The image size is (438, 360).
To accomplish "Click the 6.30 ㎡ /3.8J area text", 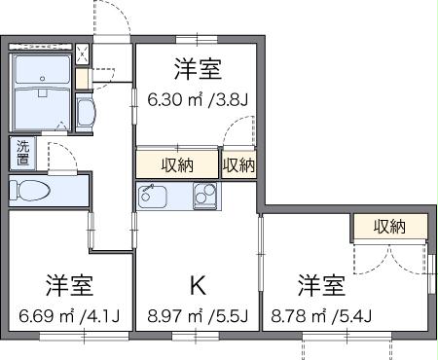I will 197,98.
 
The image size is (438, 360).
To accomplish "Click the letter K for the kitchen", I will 198,285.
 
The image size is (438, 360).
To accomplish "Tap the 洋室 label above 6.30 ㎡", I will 198,69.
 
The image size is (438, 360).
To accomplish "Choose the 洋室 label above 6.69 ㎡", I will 69,286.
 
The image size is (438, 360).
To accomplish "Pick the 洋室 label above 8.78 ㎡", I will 322,286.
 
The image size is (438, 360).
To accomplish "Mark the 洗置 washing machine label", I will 21,152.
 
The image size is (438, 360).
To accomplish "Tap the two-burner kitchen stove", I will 205,196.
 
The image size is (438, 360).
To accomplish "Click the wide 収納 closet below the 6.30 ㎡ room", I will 177,164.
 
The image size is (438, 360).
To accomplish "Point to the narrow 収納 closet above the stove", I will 238,164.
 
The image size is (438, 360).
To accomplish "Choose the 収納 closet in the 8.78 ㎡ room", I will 389,227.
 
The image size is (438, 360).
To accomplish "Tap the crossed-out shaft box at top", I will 82,54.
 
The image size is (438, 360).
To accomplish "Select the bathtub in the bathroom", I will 43,102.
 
